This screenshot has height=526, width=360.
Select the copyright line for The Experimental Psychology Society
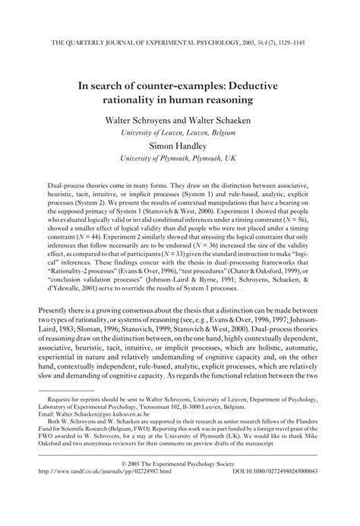[179, 503]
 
